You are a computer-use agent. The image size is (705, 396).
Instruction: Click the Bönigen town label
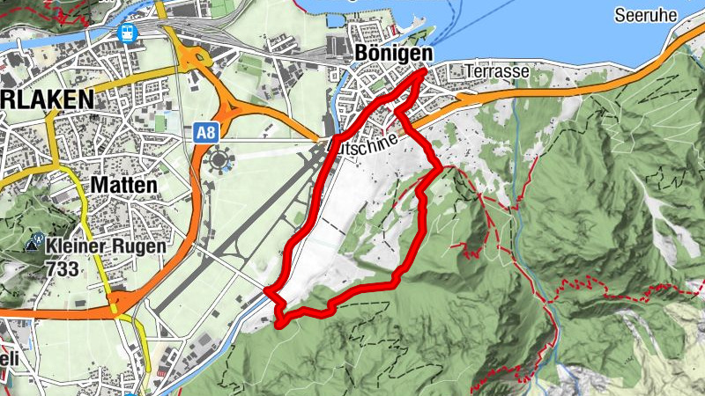pyautogui.click(x=392, y=54)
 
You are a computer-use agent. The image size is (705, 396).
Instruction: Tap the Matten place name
pyautogui.click(x=122, y=186)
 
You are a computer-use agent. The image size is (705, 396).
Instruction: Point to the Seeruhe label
pyautogui.click(x=646, y=16)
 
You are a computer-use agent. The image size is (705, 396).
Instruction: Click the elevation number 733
pyautogui.click(x=64, y=268)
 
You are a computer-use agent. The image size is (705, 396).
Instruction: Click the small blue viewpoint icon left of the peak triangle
pyautogui.click(x=40, y=238)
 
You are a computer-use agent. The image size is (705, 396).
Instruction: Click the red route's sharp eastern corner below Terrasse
pyautogui.click(x=440, y=165)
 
